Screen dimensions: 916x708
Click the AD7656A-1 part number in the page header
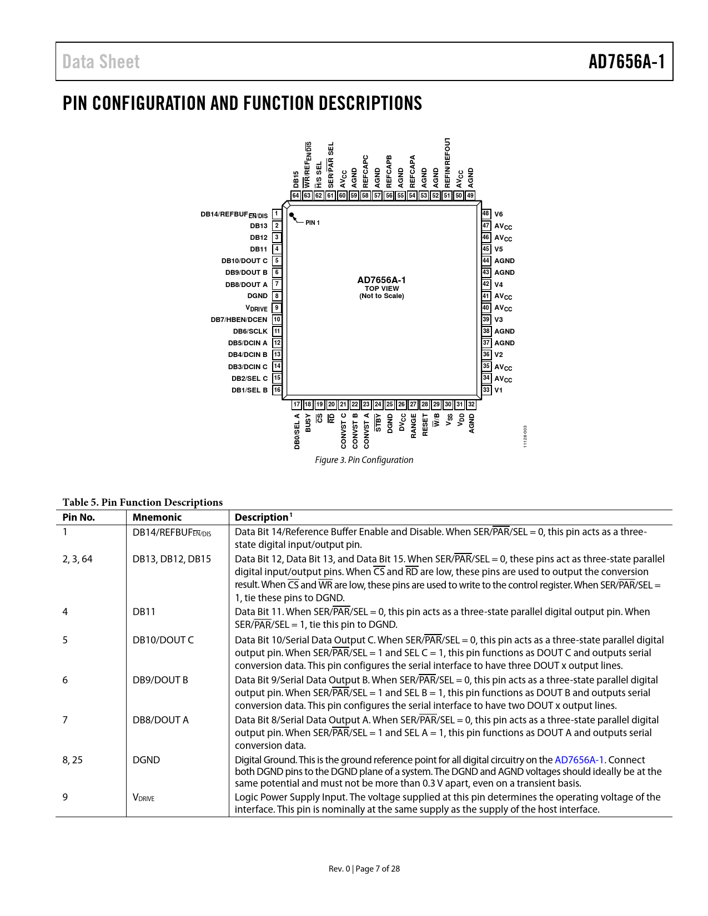[626, 62]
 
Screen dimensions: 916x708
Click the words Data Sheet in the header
[101, 62]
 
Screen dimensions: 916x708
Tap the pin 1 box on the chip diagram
[277, 214]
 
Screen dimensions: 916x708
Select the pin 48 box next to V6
[486, 214]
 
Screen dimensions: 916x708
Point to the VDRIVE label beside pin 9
[257, 308]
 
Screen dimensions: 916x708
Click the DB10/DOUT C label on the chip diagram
[244, 261]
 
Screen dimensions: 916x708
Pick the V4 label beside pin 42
[499, 284]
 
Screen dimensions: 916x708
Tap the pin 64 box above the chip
[296, 195]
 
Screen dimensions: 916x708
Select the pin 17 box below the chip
[297, 405]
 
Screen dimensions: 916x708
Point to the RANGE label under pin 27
[414, 426]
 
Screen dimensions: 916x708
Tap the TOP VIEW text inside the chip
[381, 289]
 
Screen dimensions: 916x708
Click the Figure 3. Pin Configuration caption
[364, 460]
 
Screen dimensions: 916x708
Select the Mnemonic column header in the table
[157, 517]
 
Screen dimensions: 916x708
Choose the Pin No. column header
[78, 517]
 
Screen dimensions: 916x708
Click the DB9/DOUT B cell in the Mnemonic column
[160, 680]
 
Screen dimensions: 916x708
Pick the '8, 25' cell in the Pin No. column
[72, 760]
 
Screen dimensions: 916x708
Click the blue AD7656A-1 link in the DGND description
[579, 760]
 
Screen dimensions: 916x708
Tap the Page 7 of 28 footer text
[378, 869]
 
